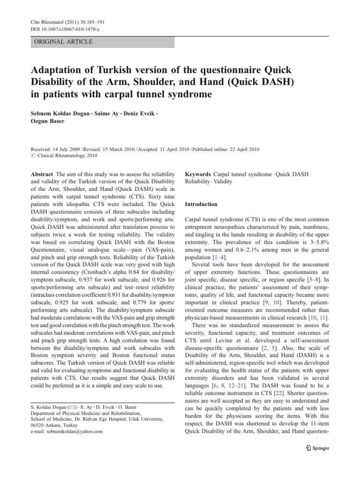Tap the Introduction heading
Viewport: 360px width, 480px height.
pyautogui.click(x=201, y=204)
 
